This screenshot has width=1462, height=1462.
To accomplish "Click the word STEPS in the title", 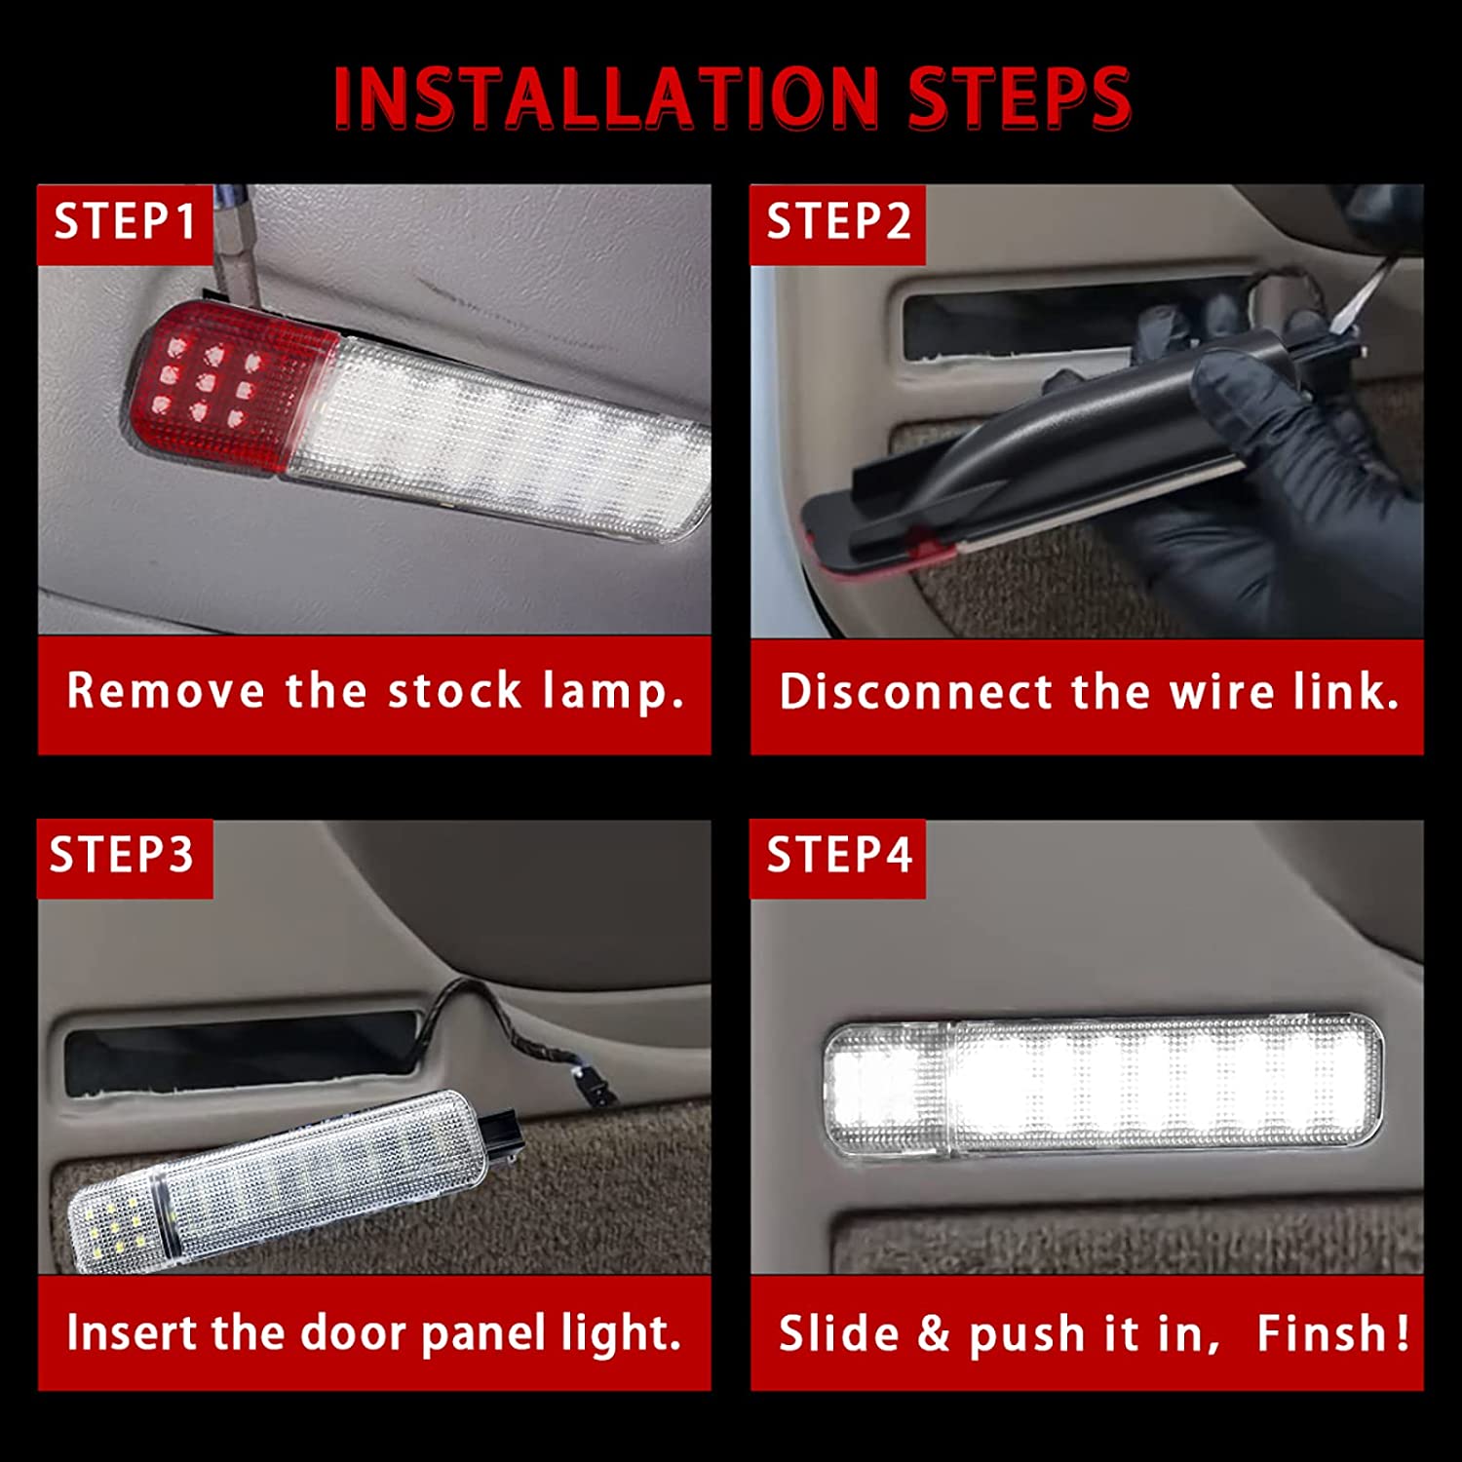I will (x=1019, y=97).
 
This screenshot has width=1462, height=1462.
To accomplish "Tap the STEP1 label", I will (x=124, y=222).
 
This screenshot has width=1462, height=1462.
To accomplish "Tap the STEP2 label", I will (x=838, y=222).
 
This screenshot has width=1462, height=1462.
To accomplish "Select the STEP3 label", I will (x=122, y=856).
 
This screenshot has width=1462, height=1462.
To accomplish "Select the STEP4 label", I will (x=838, y=856).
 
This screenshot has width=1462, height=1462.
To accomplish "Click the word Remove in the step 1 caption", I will (x=166, y=691).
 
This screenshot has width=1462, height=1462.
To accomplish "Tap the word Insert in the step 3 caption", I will (x=132, y=1332).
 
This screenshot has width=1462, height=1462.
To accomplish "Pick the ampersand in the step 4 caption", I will (x=934, y=1332).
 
